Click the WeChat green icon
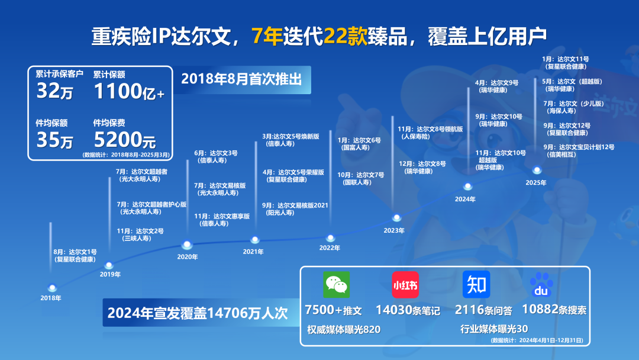336,284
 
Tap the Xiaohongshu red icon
405,284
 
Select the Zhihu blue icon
476,284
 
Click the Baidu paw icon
541,285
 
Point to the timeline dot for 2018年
52,288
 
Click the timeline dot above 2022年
331,238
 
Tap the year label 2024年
465,200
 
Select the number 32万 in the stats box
55,92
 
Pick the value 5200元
125,140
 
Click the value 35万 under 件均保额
55,140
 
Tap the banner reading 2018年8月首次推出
241,79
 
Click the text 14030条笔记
408,310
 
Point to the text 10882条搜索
554,310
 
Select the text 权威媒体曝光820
343,329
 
